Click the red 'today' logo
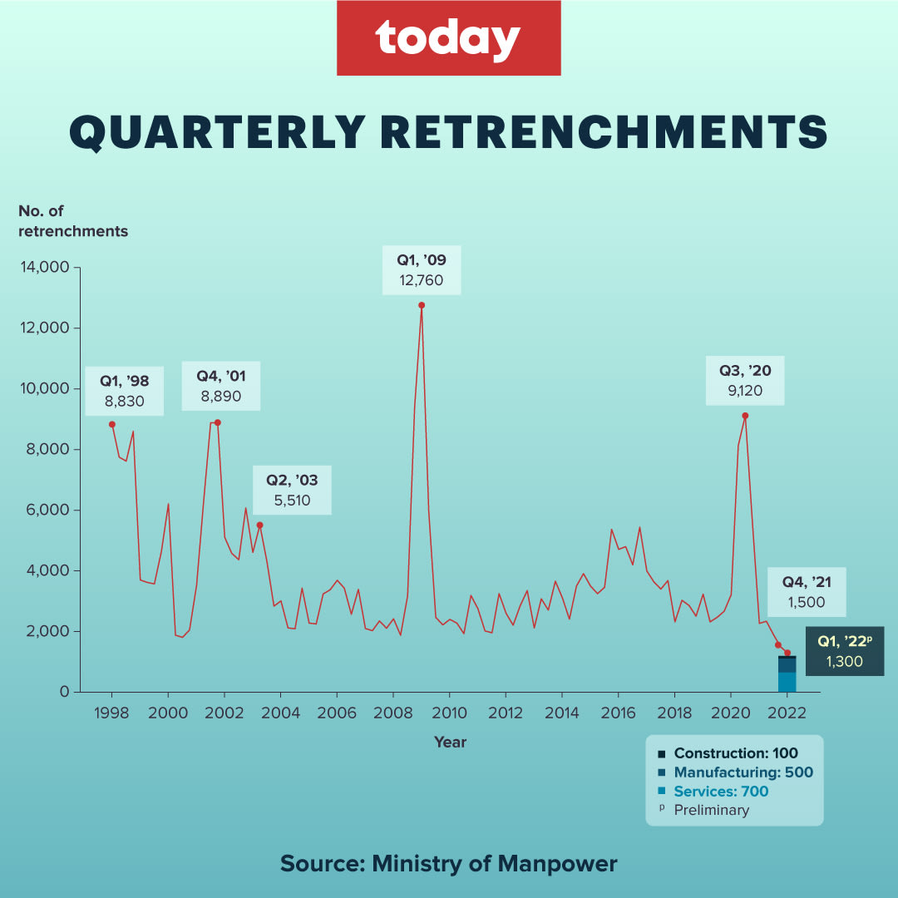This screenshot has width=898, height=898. click(448, 38)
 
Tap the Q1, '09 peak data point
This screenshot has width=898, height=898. click(422, 305)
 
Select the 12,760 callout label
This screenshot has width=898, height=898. click(422, 270)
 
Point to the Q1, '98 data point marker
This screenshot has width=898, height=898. click(112, 424)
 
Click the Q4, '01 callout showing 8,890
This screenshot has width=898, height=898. click(221, 386)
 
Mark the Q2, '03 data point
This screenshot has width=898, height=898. click(259, 525)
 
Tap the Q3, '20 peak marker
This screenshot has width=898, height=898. click(745, 415)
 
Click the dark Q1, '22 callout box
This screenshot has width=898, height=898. click(844, 652)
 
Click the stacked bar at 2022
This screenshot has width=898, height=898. click(787, 674)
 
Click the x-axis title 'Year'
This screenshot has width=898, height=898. click(450, 742)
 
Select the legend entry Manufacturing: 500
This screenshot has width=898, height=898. click(743, 772)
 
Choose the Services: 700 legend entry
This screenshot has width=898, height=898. click(720, 791)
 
